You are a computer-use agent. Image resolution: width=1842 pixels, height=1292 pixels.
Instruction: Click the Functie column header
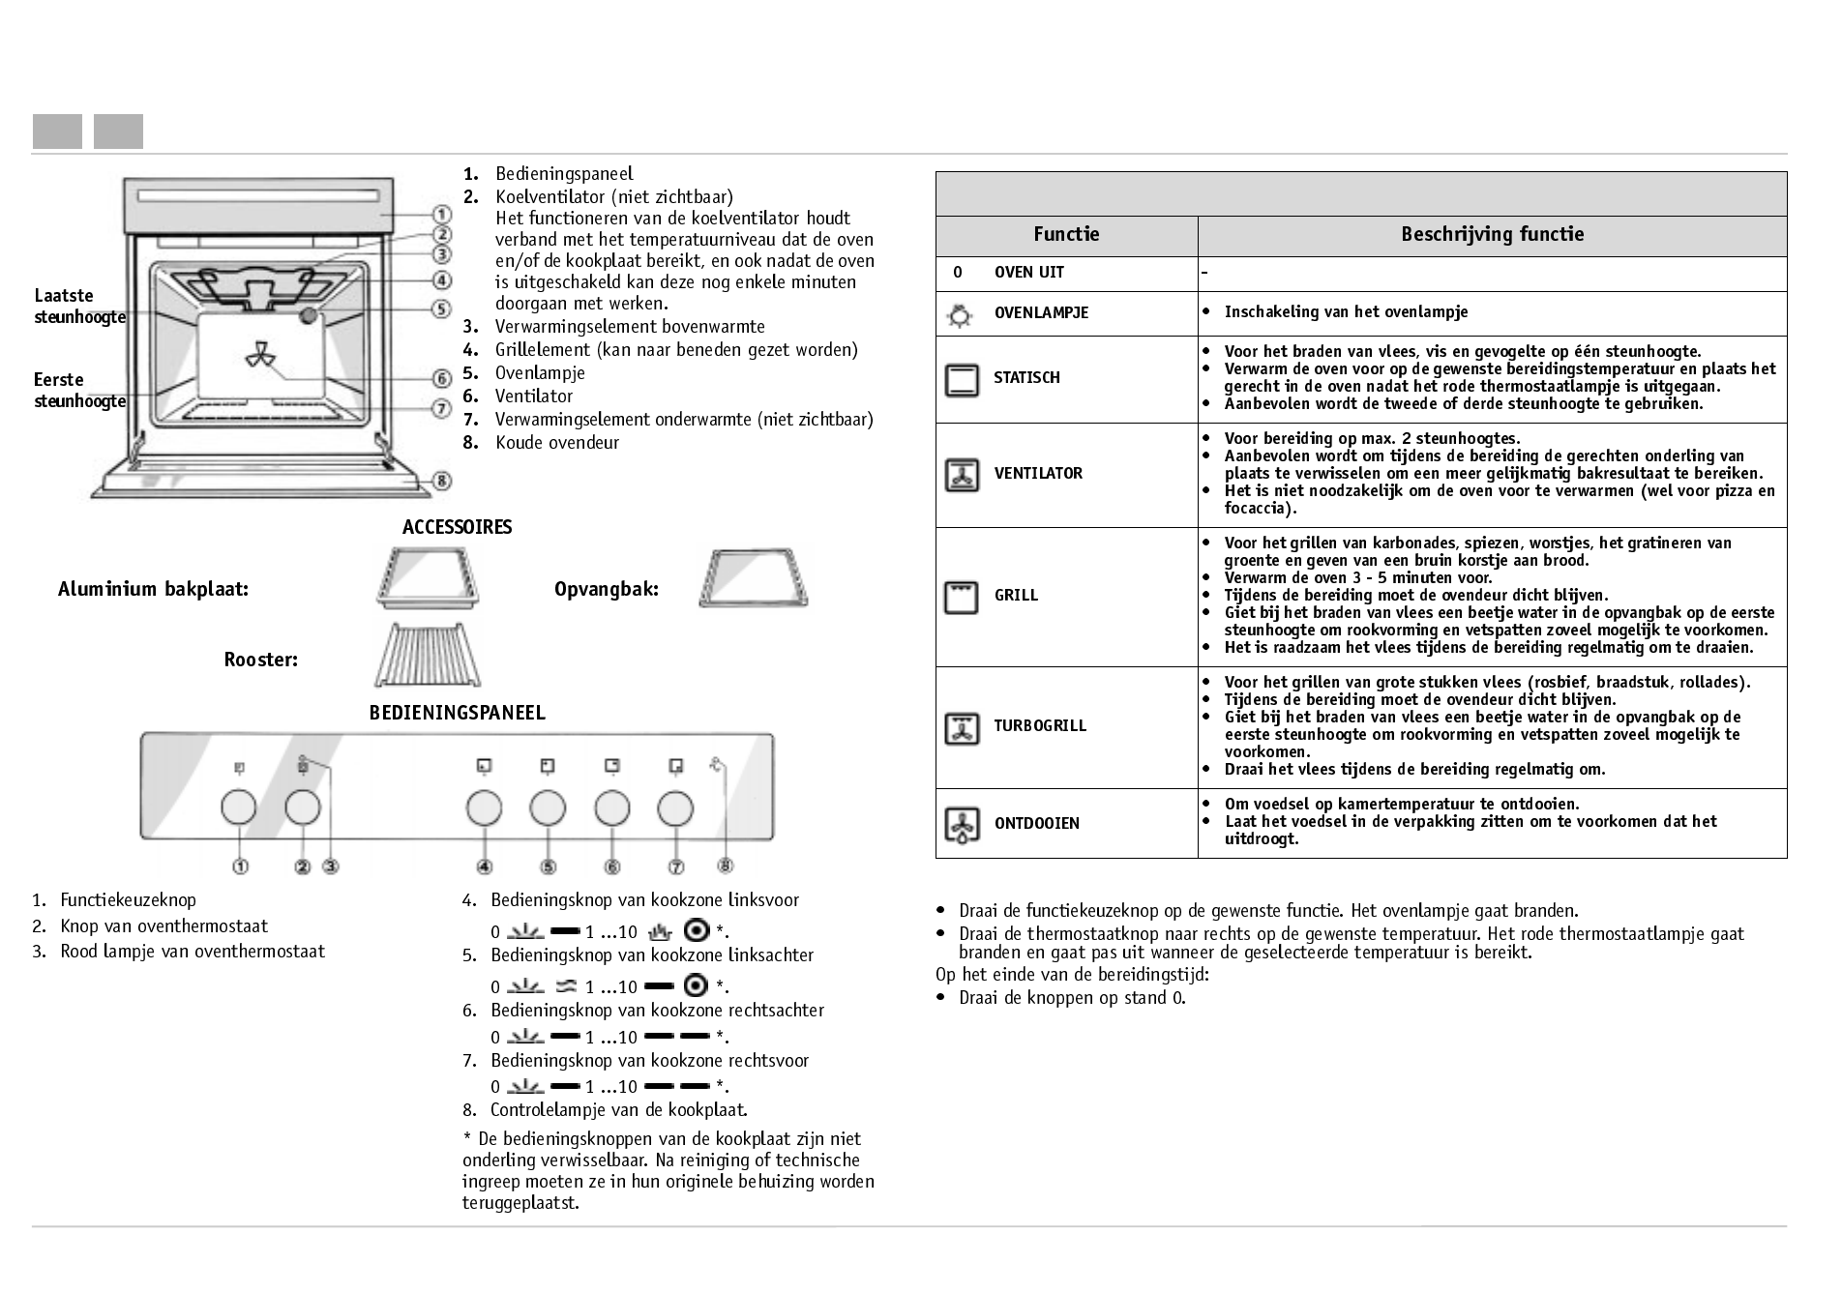click(1066, 234)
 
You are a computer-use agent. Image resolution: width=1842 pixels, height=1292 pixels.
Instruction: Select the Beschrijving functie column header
click(1492, 234)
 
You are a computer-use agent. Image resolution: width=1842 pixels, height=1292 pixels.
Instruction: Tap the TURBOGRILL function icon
click(961, 727)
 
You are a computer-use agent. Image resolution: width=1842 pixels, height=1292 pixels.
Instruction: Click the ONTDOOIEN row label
click(1036, 823)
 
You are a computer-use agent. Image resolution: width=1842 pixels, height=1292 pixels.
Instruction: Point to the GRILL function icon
click(961, 597)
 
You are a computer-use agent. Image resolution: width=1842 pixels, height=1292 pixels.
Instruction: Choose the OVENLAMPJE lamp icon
click(960, 314)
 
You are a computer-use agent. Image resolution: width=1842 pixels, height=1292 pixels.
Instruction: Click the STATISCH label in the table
click(1026, 377)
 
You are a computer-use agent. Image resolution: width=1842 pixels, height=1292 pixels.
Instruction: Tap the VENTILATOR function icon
click(961, 475)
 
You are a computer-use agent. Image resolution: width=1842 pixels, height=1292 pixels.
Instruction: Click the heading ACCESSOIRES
click(457, 527)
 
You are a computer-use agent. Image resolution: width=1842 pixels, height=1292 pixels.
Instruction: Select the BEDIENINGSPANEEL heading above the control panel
click(457, 713)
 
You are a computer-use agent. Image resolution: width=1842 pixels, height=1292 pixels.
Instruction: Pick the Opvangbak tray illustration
click(753, 578)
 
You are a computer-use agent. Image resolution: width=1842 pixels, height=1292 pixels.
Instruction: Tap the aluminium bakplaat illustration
click(427, 578)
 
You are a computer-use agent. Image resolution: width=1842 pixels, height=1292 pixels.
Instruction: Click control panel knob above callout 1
click(239, 807)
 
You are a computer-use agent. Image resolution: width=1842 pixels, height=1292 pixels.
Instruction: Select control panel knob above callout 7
click(675, 807)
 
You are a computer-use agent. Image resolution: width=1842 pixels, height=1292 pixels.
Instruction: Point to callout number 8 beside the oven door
click(441, 481)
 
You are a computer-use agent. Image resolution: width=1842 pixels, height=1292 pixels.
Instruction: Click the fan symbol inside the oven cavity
click(260, 358)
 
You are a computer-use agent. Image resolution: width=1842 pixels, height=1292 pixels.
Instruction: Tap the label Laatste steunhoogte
click(79, 306)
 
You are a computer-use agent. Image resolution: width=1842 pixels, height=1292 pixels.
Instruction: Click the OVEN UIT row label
click(1028, 273)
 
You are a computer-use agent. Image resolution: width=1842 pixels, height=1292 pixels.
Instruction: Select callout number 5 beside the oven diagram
click(441, 309)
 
